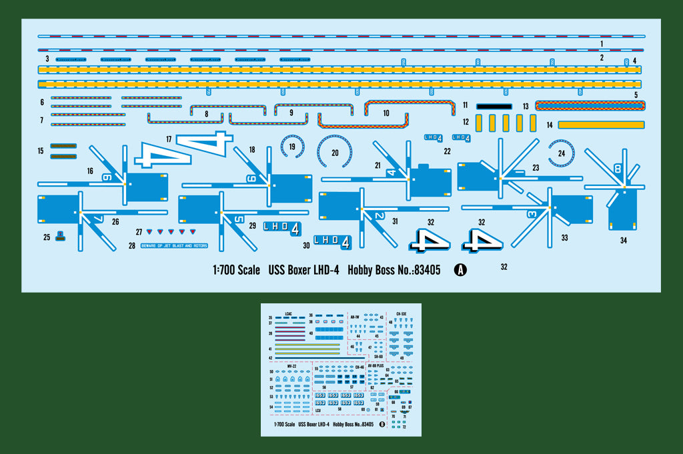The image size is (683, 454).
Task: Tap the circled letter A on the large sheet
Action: tap(460, 270)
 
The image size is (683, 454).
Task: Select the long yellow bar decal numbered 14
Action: tap(601, 124)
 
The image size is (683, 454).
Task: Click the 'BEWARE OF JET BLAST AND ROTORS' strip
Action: tap(173, 246)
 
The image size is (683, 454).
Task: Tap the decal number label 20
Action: tap(335, 153)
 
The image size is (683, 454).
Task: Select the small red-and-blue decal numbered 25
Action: tap(60, 236)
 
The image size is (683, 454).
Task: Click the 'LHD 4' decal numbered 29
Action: tap(282, 229)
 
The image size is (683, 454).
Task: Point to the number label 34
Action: tap(623, 240)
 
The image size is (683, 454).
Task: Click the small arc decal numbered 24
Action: tap(561, 153)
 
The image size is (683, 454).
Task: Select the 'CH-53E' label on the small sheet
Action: tap(401, 313)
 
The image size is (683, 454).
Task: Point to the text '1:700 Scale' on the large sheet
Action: tap(236, 271)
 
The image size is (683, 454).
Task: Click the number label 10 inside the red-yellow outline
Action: tap(386, 113)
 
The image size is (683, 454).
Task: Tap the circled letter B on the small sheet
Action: tap(382, 424)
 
